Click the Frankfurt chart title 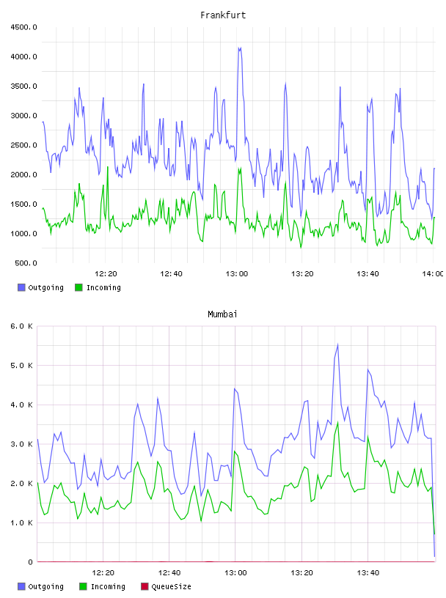223,15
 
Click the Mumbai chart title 222,314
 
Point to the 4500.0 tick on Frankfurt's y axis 24,27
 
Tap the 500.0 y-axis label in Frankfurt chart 26,263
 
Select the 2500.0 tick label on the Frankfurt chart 24,145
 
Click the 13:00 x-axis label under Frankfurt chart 237,274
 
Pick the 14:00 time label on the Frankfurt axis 433,274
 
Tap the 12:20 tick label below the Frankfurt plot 106,274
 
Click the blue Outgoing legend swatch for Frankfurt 21,287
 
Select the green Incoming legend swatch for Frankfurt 78,287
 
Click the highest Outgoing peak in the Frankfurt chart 240,48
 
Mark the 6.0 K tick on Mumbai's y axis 22,326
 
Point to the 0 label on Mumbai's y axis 31,562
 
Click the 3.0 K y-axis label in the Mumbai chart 22,444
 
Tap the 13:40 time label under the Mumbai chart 368,573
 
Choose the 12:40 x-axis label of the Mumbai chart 169,573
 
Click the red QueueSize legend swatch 145,586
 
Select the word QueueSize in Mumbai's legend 171,586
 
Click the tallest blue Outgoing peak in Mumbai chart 337,344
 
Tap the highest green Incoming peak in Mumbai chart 338,423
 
